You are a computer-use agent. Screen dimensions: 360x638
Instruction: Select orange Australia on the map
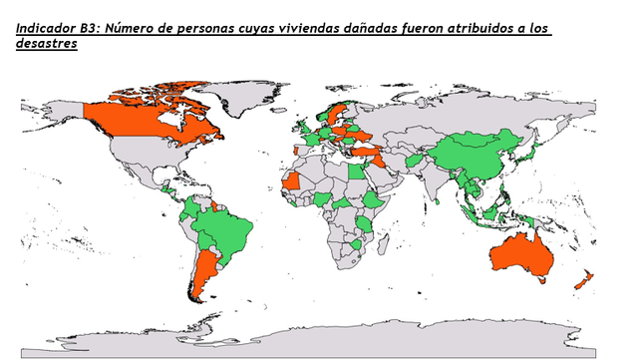518,255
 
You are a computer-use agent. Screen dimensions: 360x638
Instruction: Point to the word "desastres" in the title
47,44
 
